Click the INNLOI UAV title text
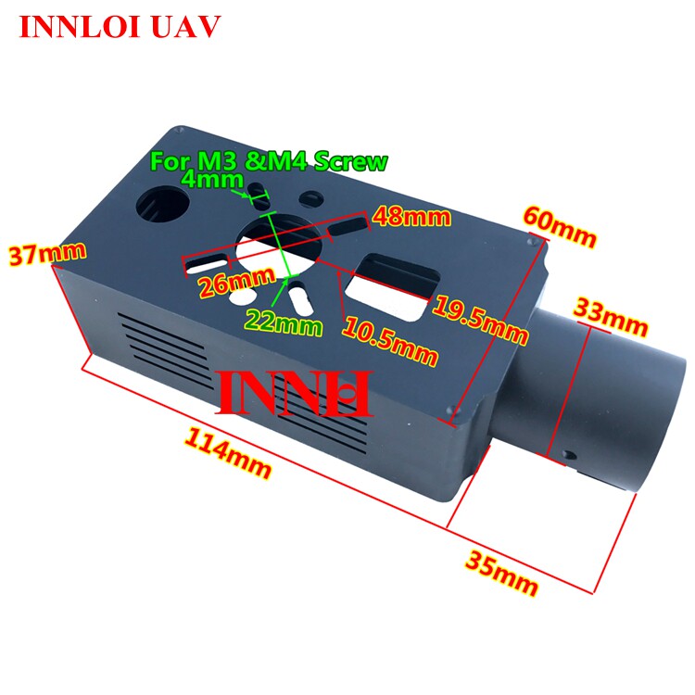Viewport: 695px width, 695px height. pyautogui.click(x=120, y=27)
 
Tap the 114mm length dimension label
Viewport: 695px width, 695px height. pyautogui.click(x=227, y=452)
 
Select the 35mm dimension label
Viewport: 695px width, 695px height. pyautogui.click(x=501, y=573)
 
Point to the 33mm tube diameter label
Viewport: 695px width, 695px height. pyautogui.click(x=611, y=317)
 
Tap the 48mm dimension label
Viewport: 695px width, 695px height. pyautogui.click(x=411, y=217)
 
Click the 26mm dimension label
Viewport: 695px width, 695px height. pyautogui.click(x=236, y=283)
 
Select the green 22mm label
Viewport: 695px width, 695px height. pyautogui.click(x=284, y=322)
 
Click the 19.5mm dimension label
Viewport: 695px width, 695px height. pyautogui.click(x=480, y=320)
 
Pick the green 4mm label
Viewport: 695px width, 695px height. pyautogui.click(x=213, y=179)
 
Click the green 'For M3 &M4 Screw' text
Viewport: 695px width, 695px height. pyautogui.click(x=270, y=161)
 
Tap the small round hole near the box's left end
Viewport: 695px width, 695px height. pyautogui.click(x=162, y=205)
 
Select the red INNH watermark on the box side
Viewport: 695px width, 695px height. pyautogui.click(x=295, y=394)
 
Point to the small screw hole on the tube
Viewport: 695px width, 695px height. pyautogui.click(x=569, y=455)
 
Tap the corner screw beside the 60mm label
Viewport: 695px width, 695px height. pyautogui.click(x=532, y=242)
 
